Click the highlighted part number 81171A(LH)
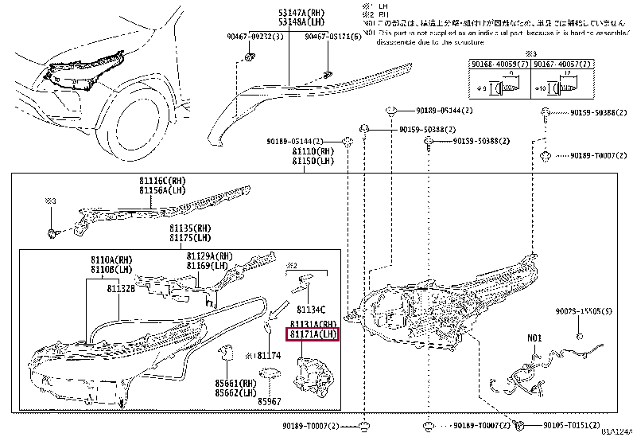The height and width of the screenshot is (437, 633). point(313,334)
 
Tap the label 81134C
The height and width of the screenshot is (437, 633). point(312,307)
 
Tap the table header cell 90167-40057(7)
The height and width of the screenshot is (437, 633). point(556,63)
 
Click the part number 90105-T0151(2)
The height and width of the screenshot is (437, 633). point(572,425)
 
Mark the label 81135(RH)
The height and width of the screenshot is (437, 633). point(188,228)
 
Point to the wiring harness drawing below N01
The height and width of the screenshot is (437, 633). point(528,375)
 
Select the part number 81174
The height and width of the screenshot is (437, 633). point(268,354)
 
